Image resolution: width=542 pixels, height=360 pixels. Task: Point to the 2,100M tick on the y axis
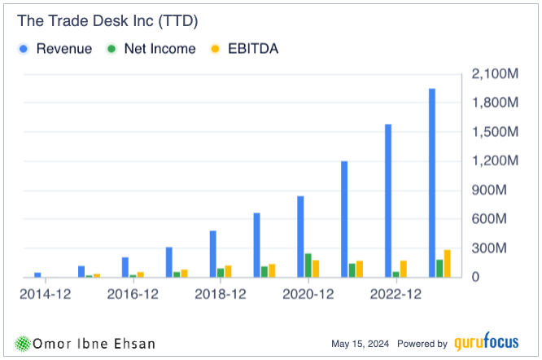(496, 74)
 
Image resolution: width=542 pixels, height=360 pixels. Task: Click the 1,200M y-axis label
(496, 161)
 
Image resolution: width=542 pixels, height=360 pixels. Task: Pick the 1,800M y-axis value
(496, 103)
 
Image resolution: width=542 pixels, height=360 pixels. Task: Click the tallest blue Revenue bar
(431, 182)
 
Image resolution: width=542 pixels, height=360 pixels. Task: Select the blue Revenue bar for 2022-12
(387, 200)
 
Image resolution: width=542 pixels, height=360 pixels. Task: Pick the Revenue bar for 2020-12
(300, 236)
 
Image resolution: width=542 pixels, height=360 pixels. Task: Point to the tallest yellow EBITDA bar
(448, 263)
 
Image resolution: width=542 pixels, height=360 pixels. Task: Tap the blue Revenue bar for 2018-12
(212, 253)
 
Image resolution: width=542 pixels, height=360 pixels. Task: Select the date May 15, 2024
(363, 344)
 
